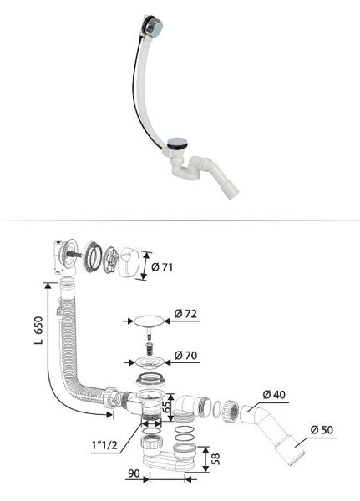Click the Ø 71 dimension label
point(162,267)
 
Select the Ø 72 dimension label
point(185,314)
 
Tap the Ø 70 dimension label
point(185,355)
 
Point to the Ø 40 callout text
point(274,395)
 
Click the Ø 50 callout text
point(322,430)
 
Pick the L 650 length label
point(38,331)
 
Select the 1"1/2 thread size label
point(104,445)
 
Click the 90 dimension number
point(134,473)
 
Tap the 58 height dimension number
point(216,458)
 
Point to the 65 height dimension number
point(166,406)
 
